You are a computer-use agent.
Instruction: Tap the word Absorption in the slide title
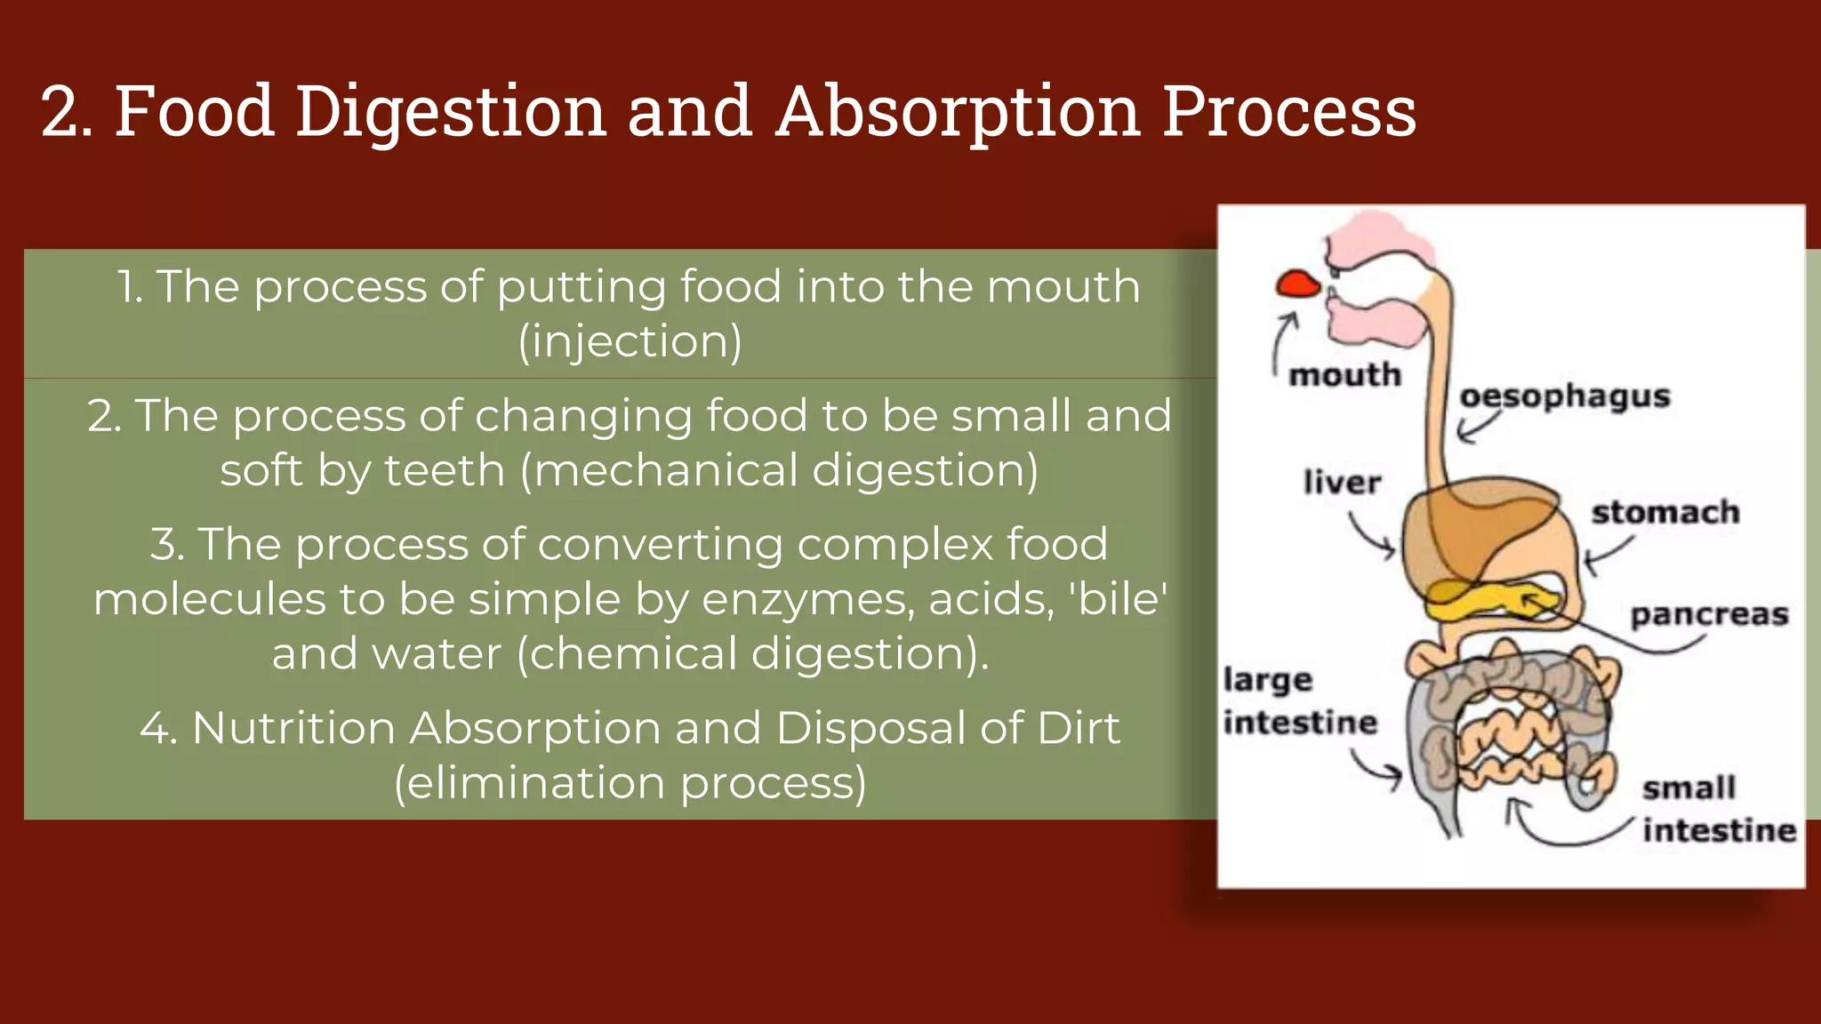959,113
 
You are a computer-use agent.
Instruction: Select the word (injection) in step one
630,341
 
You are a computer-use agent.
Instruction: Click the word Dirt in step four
1078,728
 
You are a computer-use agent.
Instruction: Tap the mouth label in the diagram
1344,374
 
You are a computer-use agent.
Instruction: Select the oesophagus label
1565,396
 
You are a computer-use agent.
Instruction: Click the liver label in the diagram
1342,483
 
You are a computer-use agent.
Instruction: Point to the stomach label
1665,512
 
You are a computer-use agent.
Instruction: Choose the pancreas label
1708,614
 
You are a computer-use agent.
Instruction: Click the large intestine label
1299,701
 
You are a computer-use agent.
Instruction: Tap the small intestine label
1717,809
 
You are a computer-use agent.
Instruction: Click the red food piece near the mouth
1298,284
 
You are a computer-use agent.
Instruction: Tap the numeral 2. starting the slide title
66,113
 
